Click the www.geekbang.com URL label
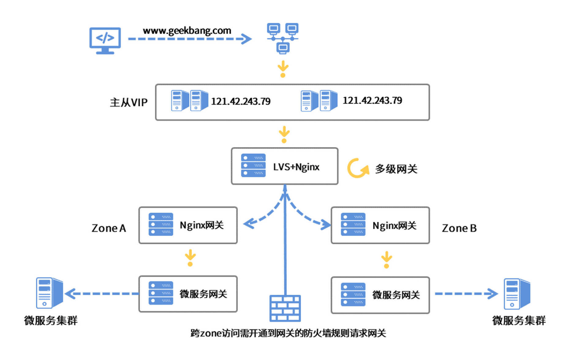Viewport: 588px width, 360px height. pos(187,31)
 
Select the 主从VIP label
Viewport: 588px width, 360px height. pos(129,102)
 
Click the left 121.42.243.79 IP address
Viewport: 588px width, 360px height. pos(241,101)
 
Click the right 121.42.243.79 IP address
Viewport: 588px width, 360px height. pos(372,100)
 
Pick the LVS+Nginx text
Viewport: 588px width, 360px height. pos(296,167)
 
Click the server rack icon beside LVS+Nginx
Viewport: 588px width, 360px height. pos(253,166)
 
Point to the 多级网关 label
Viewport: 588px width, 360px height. pos(396,169)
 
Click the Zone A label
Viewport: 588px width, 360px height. pos(109,228)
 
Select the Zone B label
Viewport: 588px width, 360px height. pos(459,228)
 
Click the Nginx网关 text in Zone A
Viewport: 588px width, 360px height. pos(202,225)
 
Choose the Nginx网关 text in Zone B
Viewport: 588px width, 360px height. pos(394,226)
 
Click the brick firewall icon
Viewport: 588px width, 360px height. pos(285,308)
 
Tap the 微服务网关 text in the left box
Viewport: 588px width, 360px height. pos(203,294)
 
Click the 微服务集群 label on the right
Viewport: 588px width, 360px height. pos(519,321)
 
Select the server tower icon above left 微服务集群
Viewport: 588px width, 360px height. pos(49,293)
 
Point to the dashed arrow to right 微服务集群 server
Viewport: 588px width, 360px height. pos(466,294)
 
